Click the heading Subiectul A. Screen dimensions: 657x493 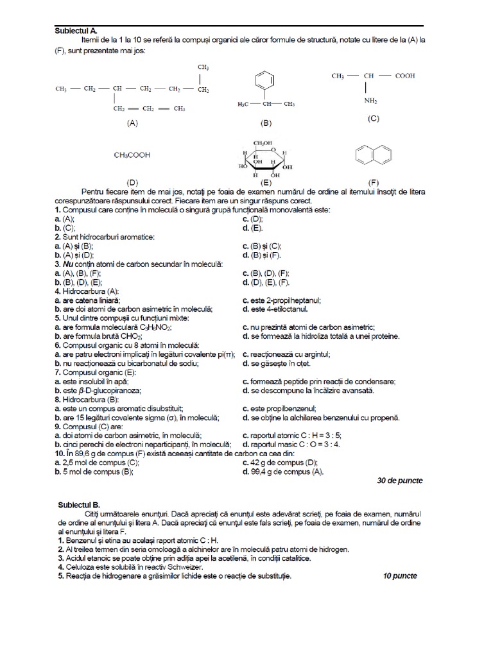click(76, 30)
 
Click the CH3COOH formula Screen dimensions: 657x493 click(133, 155)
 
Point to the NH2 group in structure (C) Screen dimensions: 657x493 click(371, 101)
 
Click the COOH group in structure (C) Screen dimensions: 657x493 click(404, 76)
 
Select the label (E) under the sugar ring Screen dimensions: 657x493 click(265, 182)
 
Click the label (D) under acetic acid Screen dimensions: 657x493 click(133, 182)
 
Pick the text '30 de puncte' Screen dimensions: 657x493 click(399, 480)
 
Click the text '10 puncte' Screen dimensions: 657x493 click(400, 576)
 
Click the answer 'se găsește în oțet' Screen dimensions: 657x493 click(280, 363)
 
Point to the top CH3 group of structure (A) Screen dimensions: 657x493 click(203, 67)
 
